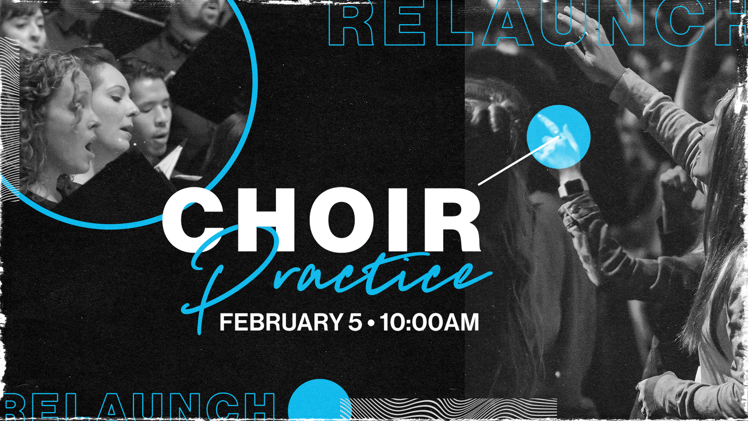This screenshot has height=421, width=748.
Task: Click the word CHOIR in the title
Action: [x=321, y=220]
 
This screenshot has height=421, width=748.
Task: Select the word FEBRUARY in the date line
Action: [x=281, y=322]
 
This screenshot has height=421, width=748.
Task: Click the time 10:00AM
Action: [x=430, y=322]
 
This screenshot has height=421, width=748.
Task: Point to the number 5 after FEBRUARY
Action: [x=355, y=322]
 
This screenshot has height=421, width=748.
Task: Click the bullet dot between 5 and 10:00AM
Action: [x=371, y=323]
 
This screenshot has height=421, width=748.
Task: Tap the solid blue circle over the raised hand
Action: [x=558, y=136]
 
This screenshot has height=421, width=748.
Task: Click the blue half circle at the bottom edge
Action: [x=318, y=402]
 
